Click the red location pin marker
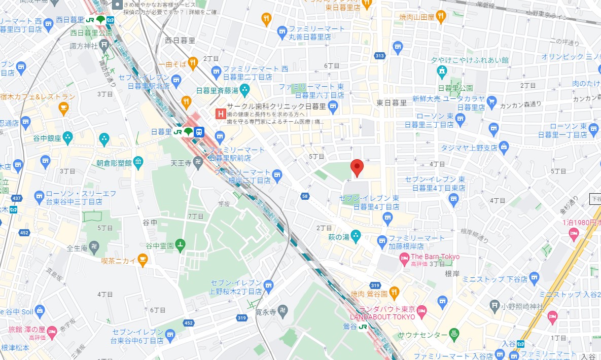tap(357, 167)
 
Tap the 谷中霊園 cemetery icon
tap(180, 244)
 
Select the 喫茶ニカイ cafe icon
tap(143, 261)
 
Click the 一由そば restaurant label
tap(172, 64)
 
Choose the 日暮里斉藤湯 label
tap(217, 91)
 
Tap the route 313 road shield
tap(379, 56)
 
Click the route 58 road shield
tap(304, 196)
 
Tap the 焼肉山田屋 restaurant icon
tap(441, 16)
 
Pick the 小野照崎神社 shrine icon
tap(494, 306)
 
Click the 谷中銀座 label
tap(47, 137)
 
